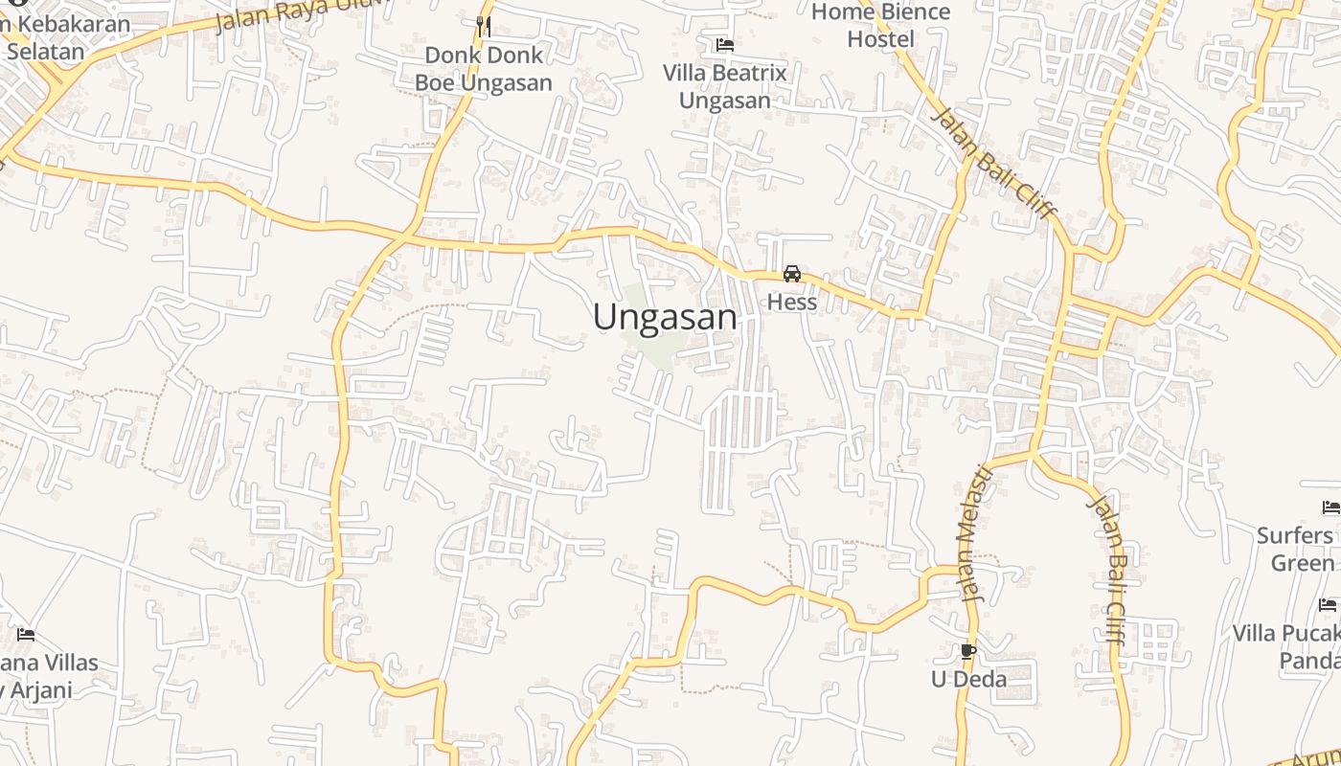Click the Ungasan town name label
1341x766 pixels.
(665, 317)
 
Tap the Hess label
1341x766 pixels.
(792, 303)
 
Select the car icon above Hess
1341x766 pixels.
(792, 274)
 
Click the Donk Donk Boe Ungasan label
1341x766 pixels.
(483, 69)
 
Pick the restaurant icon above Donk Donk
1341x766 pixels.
(483, 26)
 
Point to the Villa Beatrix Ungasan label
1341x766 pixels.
(724, 86)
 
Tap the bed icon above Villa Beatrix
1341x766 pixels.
(724, 44)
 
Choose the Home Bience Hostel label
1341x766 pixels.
(880, 26)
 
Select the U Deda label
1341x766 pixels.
(968, 680)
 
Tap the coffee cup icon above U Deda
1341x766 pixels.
(967, 652)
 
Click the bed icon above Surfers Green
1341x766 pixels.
(1330, 507)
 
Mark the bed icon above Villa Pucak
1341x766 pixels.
(1328, 604)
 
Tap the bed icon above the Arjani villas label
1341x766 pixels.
(26, 634)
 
